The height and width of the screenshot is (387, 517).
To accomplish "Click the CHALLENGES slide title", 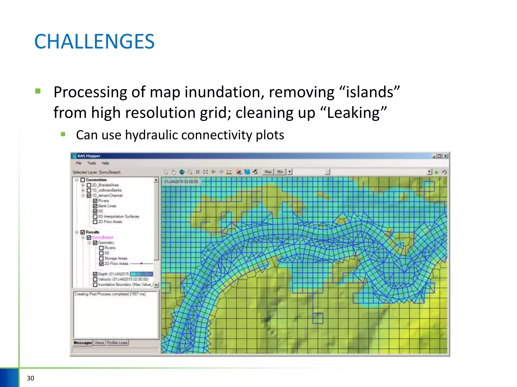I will coord(94,42).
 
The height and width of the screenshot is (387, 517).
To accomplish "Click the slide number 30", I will coord(30,378).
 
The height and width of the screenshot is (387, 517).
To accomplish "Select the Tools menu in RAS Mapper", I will coord(91,163).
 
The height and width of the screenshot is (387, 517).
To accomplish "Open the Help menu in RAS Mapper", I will coord(105,163).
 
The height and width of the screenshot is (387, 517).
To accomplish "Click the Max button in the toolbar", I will coord(268,172).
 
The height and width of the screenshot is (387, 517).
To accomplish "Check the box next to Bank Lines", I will coord(95,206).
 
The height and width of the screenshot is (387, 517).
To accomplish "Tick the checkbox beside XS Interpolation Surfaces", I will coord(95,217).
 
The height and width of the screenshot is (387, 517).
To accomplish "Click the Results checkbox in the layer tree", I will coord(83,232).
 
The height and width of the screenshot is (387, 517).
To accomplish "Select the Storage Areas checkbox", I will coord(101,259).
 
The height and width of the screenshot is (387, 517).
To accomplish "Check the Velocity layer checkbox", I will coord(95,279).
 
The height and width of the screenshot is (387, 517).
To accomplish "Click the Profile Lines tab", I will coord(117,343).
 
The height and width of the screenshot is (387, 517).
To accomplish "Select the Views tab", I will coord(99,343).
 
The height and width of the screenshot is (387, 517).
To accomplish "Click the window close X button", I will coord(446,156).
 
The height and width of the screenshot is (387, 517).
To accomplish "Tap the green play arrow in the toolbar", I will coord(437,172).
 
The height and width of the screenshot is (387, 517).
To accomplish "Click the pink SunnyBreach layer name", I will coord(103,237).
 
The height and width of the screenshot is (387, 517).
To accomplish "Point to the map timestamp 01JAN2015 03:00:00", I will coord(181,182).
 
